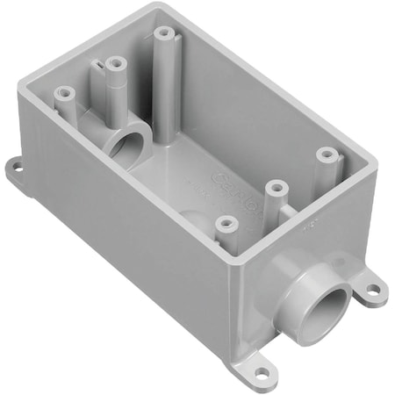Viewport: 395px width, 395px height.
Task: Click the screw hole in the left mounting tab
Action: click(15, 163)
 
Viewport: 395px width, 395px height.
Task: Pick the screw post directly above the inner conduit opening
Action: click(112, 62)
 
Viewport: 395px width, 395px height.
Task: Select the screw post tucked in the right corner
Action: click(327, 154)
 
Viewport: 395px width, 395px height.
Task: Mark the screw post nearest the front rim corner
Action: click(227, 223)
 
